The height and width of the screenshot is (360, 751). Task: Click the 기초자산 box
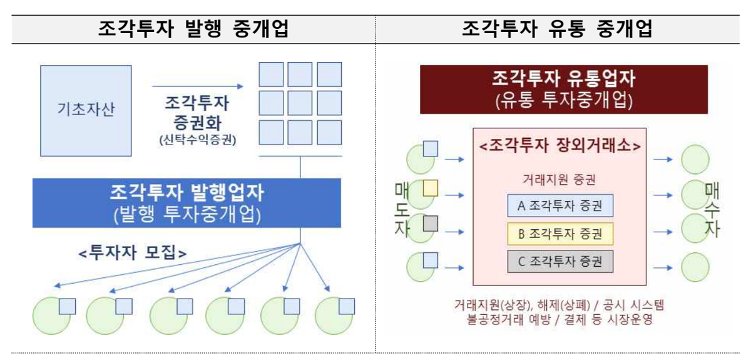86,111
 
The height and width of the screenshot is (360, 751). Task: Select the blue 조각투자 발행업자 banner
186,203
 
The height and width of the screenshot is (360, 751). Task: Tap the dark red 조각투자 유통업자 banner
564,90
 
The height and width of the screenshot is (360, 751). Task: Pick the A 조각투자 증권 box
560,205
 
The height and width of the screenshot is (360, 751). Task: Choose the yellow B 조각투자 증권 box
560,234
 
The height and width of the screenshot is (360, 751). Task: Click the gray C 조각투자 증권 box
560,261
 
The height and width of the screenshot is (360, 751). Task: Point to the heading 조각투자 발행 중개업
193,29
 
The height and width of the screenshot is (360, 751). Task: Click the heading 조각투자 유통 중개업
557,29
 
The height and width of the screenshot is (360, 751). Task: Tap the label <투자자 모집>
133,252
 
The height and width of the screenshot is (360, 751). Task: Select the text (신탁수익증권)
198,140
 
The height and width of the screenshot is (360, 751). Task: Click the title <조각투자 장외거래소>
560,147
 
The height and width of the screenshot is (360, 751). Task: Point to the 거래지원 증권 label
559,180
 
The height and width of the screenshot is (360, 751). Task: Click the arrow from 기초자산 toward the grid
198,86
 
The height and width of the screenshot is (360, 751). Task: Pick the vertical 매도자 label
402,210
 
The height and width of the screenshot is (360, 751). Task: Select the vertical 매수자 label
712,210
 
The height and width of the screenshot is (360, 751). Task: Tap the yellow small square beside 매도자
431,188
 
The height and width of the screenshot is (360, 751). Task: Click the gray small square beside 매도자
431,224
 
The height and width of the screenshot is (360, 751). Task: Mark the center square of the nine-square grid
300,103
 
